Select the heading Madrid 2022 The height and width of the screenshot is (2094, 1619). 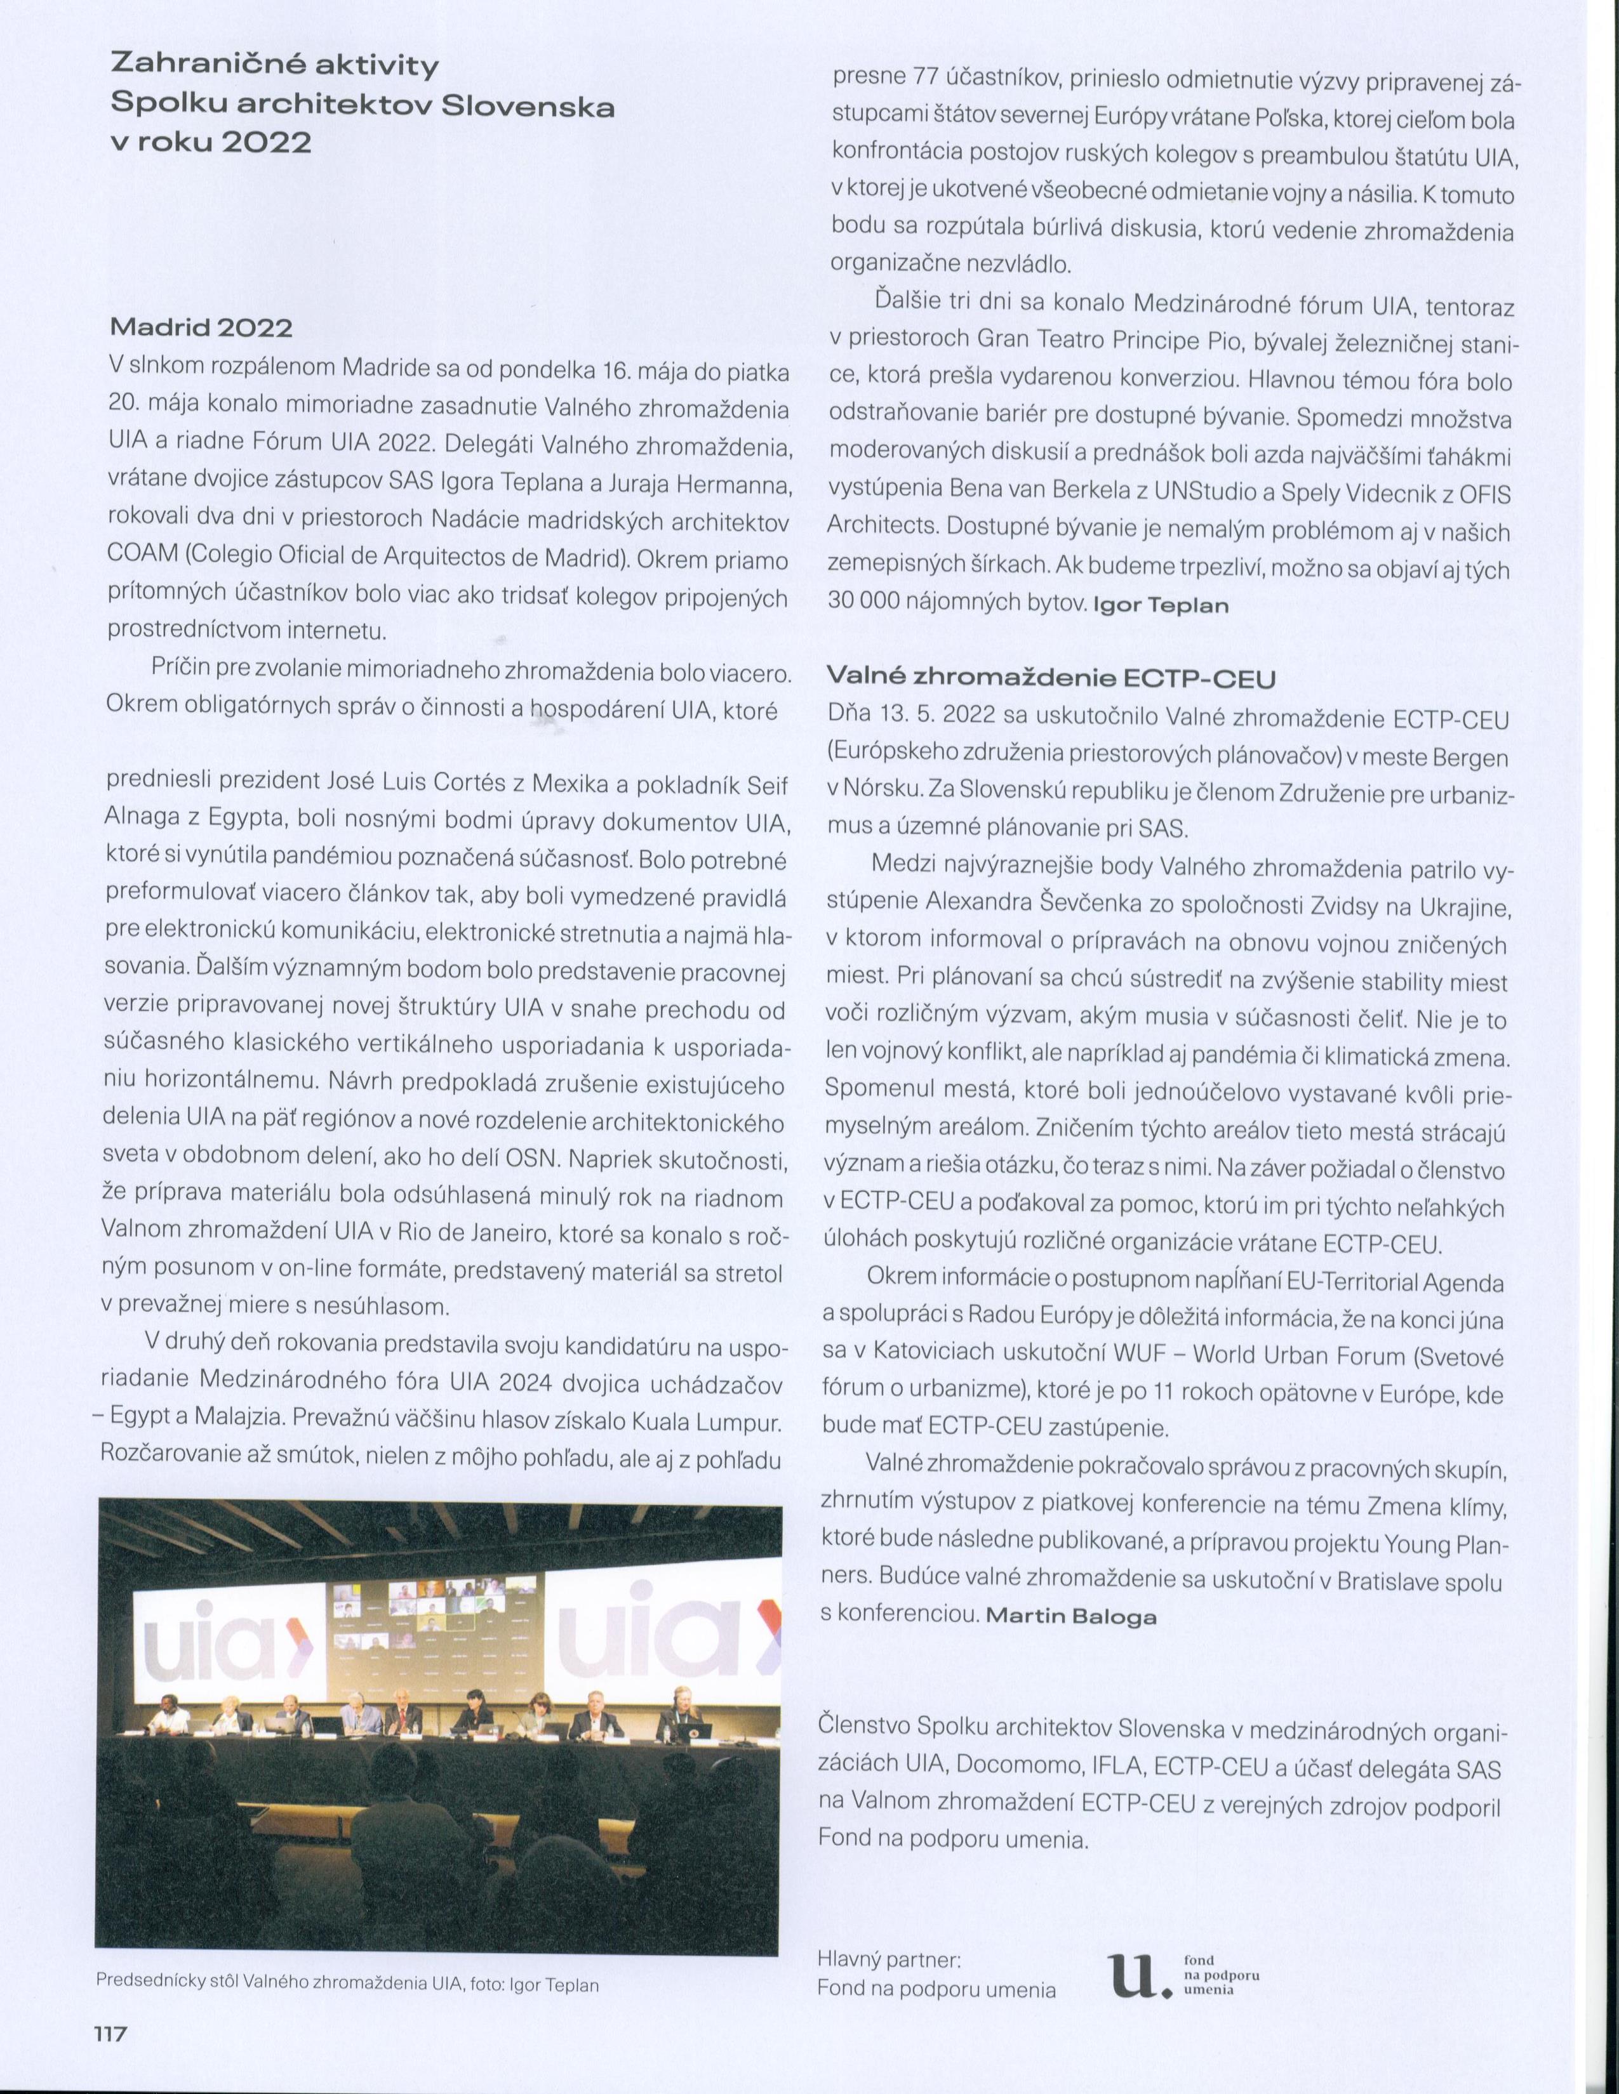201,327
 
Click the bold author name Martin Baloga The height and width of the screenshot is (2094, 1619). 1071,1616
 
